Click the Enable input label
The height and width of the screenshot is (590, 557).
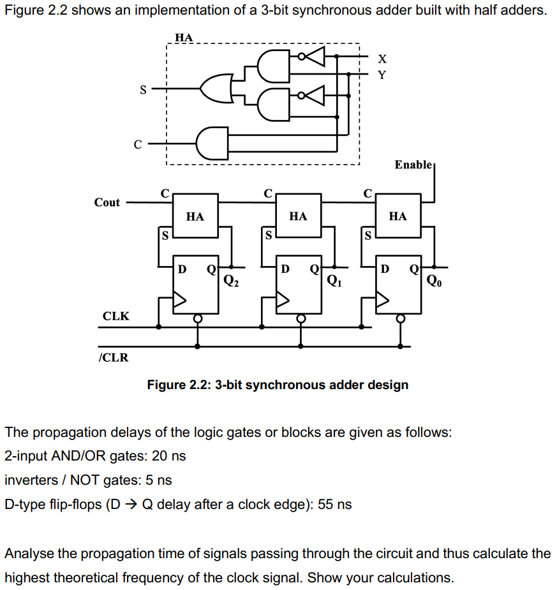(x=413, y=165)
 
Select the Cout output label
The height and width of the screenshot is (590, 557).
(x=107, y=202)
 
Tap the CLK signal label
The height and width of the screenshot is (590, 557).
(x=115, y=316)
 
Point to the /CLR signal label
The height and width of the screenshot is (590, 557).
(x=113, y=357)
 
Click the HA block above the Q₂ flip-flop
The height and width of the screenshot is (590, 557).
(x=195, y=217)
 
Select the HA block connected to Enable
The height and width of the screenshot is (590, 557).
(x=397, y=217)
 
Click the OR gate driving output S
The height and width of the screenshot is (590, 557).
(x=216, y=90)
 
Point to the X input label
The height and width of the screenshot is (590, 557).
(x=382, y=59)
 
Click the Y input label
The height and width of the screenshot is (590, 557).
(x=382, y=75)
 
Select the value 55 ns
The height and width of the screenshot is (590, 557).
(x=334, y=505)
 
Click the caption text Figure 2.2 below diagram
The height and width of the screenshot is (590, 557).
(x=278, y=385)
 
